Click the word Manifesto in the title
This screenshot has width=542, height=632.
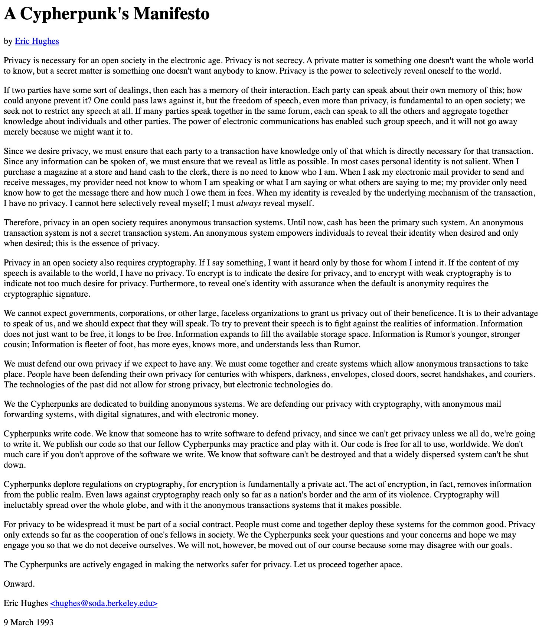[171, 14]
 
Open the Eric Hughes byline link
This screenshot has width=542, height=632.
[37, 41]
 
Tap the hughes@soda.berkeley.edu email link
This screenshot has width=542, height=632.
[104, 603]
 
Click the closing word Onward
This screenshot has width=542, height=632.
[19, 584]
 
